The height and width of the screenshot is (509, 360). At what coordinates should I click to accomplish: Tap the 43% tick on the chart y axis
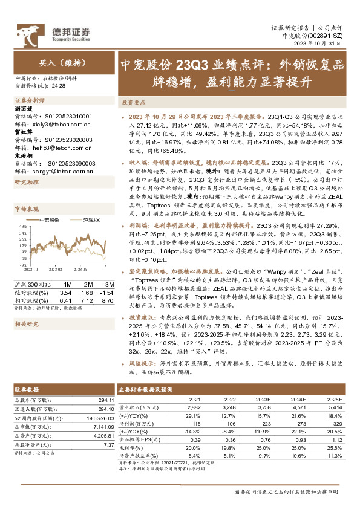(x=21, y=225)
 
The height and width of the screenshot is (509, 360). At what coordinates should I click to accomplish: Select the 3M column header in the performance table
(x=109, y=284)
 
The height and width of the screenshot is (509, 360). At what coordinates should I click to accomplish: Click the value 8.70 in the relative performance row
(x=108, y=299)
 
